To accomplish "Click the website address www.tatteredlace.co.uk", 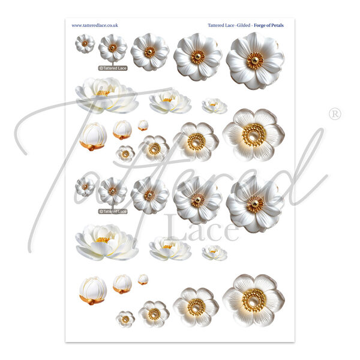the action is coord(95,25).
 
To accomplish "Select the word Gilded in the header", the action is coord(244,25).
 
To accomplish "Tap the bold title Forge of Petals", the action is coord(269,25).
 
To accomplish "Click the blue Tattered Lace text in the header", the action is coord(221,25).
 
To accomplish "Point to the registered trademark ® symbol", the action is coord(335,114).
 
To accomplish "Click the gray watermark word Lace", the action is coord(203,228).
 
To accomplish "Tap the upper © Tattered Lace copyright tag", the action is coord(113,68).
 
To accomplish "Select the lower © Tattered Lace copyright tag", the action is coord(113,211).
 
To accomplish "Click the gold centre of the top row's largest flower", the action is coord(255,61).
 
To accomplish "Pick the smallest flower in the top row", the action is coord(85,43).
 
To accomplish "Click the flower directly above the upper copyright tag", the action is coord(113,48).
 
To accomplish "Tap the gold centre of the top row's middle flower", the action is coord(149,52).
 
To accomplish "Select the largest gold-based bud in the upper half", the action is coord(93,136).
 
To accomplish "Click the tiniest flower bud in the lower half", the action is coord(143,279).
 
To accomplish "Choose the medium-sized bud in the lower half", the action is coord(122,284).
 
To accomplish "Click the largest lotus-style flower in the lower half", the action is coord(107,242).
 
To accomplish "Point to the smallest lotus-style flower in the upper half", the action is coord(214,106).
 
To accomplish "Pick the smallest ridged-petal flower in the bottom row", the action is coord(125,319).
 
